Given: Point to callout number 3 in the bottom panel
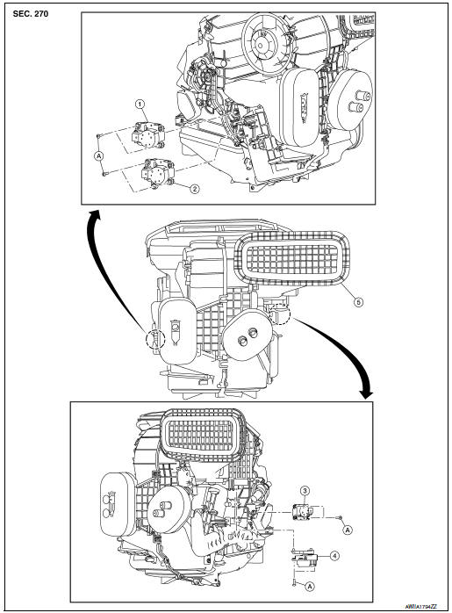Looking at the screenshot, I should click(x=303, y=488).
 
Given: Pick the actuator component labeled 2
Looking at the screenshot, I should click(x=156, y=172).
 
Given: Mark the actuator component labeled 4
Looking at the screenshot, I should click(x=304, y=552).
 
